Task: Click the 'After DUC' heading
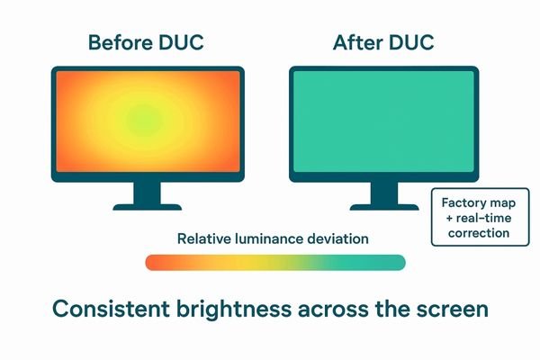click(383, 42)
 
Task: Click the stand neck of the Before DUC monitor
click(147, 192)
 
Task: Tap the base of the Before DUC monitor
click(147, 204)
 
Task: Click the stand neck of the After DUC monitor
click(384, 192)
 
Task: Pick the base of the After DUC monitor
click(384, 204)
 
